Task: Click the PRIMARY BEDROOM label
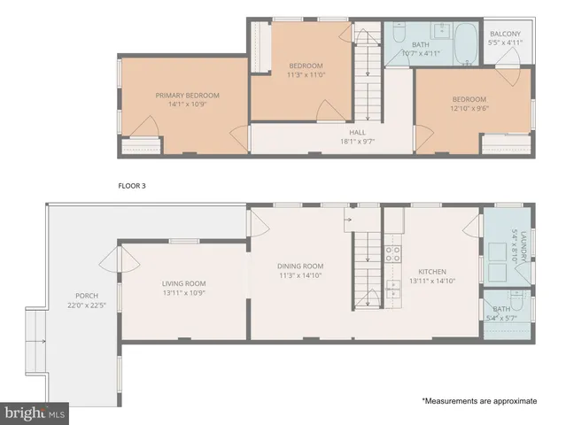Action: coord(187,96)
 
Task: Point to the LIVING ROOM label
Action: coord(183,283)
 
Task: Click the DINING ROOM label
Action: coord(300,266)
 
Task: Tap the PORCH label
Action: coord(87,296)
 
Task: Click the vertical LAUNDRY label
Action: coord(523,245)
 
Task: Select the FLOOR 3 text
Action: coord(135,186)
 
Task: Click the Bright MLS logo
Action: coord(35,413)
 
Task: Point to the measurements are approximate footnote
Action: coord(478,401)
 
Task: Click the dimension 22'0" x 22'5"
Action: coord(87,305)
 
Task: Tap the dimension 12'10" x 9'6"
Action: coord(469,109)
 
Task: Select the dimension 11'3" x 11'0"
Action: coord(306,75)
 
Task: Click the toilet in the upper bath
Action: coord(398,35)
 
